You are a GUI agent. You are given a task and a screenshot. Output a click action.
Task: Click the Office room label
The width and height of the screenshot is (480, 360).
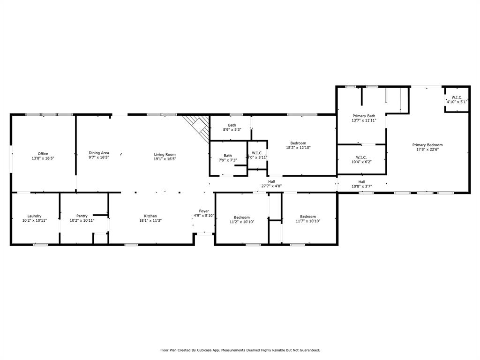[43, 154]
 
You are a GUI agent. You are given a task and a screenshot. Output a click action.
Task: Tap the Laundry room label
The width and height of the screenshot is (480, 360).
[35, 216]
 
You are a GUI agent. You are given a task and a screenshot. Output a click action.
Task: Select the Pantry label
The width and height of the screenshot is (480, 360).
[82, 216]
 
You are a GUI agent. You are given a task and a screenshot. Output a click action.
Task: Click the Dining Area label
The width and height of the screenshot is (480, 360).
[99, 153]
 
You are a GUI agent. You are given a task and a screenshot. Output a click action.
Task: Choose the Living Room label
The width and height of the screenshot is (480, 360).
[165, 154]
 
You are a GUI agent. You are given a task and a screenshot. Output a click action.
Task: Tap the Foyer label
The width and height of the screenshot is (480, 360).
[204, 211]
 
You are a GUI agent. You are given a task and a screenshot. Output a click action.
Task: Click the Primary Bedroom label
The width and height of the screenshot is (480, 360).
[427, 145]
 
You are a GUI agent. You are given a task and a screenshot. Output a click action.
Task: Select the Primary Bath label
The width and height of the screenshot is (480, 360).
[364, 116]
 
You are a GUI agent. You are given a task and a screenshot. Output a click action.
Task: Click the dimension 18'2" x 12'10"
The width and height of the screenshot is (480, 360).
[298, 148]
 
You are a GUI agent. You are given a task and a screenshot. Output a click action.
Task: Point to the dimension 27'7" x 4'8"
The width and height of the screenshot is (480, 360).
[271, 186]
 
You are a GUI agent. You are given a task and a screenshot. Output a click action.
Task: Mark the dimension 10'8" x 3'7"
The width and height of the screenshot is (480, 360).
[362, 186]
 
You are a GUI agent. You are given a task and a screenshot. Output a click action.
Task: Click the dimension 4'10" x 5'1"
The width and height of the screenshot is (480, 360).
[457, 102]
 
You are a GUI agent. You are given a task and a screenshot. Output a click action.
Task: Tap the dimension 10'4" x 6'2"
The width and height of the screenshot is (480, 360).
[361, 162]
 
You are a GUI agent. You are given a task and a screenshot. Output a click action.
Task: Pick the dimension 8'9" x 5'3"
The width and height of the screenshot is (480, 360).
[232, 130]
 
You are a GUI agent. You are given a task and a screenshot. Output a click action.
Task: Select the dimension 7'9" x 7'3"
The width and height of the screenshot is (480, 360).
[228, 160]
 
